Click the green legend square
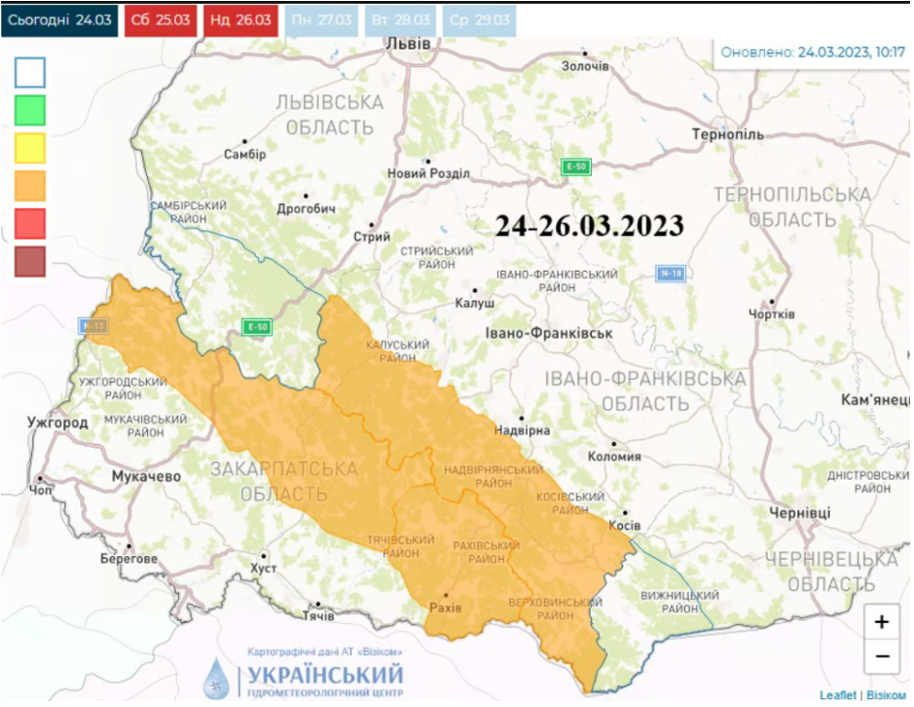pos(30,109)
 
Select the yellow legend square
pos(30,148)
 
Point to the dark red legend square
pos(30,261)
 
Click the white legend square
pos(30,73)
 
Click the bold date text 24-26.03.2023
pos(589,226)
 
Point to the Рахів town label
pos(445,606)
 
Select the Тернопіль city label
pos(727,134)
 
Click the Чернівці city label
pos(799,512)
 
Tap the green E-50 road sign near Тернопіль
pos(576,167)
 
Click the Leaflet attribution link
pos(838,694)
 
